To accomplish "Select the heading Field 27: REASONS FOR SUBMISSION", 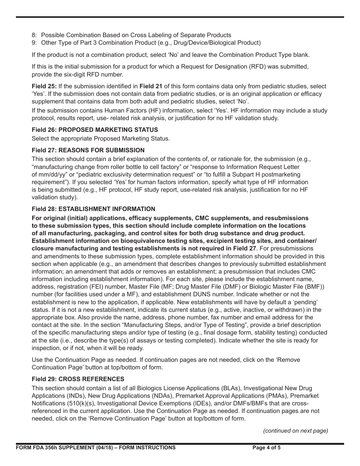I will (x=88, y=150).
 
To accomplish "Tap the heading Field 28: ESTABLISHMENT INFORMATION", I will (x=93, y=209).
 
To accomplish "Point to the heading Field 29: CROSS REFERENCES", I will (x=78, y=379).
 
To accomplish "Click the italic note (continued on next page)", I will (x=296, y=430).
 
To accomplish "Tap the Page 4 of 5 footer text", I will (x=266, y=447).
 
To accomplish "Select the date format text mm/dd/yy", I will (x=52, y=174).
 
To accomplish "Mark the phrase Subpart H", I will (x=262, y=174).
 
